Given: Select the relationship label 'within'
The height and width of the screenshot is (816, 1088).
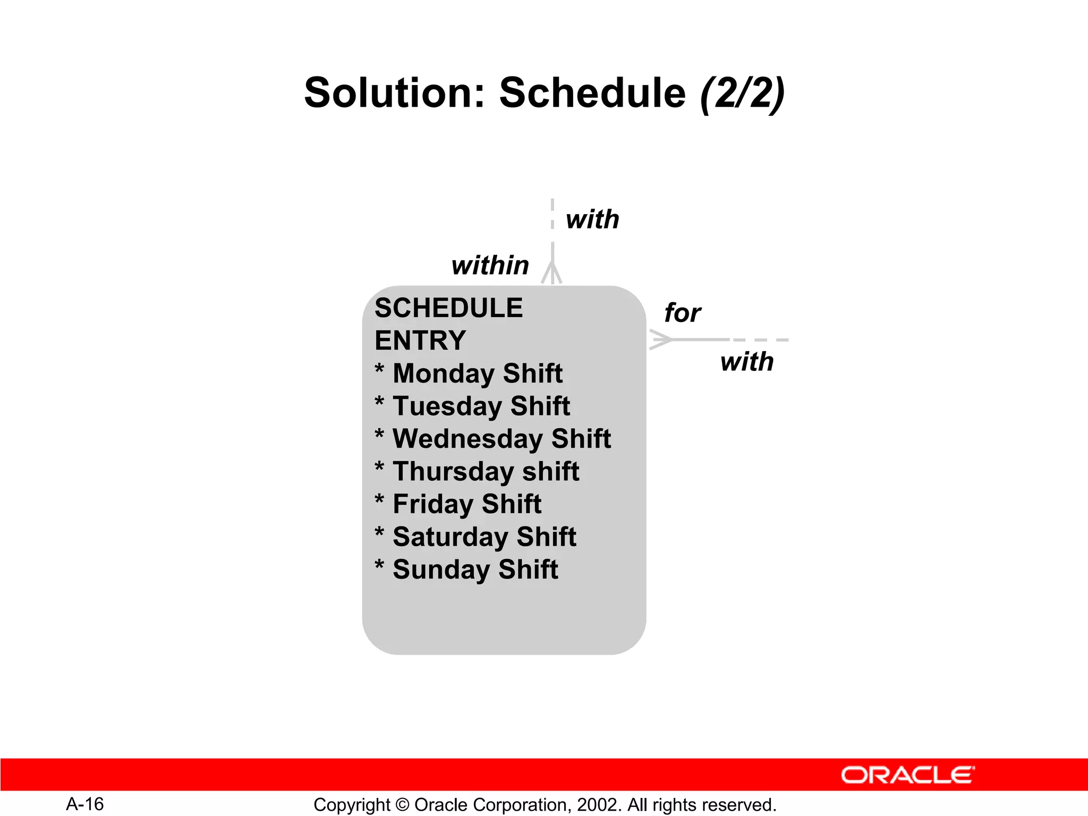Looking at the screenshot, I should point(490,265).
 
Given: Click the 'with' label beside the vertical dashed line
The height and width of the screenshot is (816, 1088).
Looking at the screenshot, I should point(592,219).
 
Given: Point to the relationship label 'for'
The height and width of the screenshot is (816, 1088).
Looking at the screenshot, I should point(683,313).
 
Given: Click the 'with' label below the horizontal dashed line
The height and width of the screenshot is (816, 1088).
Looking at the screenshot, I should point(746,362).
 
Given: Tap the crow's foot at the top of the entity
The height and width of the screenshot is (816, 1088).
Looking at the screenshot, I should point(552,273).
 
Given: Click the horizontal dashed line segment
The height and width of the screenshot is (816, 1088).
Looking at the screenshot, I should point(760,339).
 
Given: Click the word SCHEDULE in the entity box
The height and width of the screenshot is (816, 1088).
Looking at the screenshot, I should point(448,308).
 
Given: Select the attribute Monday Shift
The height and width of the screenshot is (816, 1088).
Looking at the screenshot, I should point(477,373).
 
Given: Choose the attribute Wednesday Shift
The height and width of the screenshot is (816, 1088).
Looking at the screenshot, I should point(501,439).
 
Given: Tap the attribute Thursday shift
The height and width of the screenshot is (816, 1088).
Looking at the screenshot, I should point(486,472).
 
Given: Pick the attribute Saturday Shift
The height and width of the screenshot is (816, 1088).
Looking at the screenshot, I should point(484,537).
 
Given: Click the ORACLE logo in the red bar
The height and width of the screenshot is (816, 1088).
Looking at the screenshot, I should point(907,775).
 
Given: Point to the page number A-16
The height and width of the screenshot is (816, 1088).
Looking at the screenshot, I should point(85,804).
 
